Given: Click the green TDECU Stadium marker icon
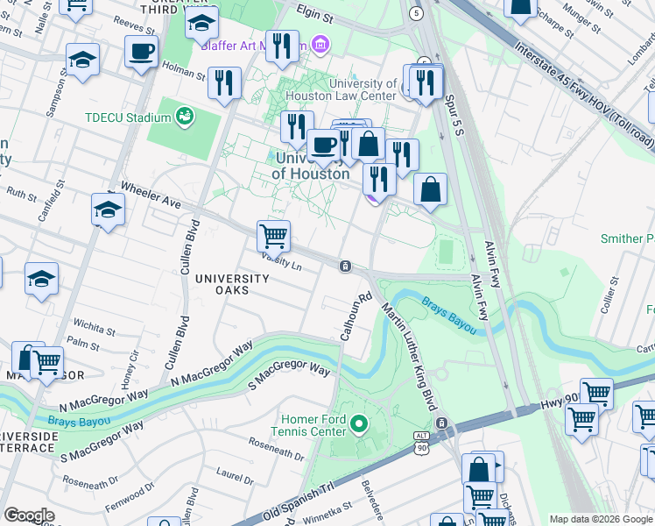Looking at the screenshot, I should click(185, 116).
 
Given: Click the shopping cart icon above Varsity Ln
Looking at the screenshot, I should click(273, 235).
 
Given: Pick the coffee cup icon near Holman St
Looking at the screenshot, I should click(141, 52).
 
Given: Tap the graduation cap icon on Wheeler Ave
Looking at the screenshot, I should click(108, 210).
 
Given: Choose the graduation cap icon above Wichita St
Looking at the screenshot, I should click(41, 279).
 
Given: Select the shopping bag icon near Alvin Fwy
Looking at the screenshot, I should click(430, 189).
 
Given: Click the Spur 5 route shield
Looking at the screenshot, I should click(415, 14).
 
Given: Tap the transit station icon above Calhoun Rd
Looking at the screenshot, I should click(347, 266).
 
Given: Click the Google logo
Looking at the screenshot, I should click(29, 515).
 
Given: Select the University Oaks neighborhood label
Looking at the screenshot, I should click(232, 284).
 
